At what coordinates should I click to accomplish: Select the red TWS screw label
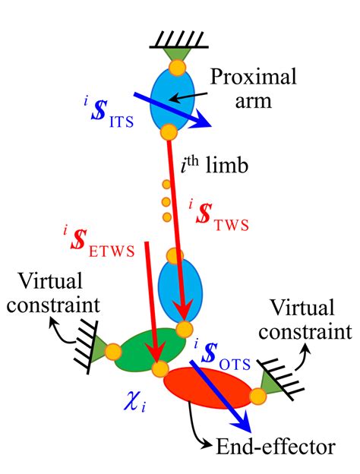pyautogui.click(x=219, y=215)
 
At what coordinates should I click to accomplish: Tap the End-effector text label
pyautogui.click(x=276, y=447)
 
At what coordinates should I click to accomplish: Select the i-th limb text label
pyautogui.click(x=214, y=166)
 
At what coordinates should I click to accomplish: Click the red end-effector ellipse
pyautogui.click(x=208, y=388)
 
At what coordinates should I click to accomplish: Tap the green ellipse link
pyautogui.click(x=150, y=350)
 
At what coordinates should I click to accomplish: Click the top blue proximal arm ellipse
pyautogui.click(x=172, y=100)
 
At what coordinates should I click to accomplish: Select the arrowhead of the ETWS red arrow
pyautogui.click(x=156, y=354)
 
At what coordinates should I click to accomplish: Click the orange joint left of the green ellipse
pyautogui.click(x=113, y=352)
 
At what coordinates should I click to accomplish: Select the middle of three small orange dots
pyautogui.click(x=166, y=201)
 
